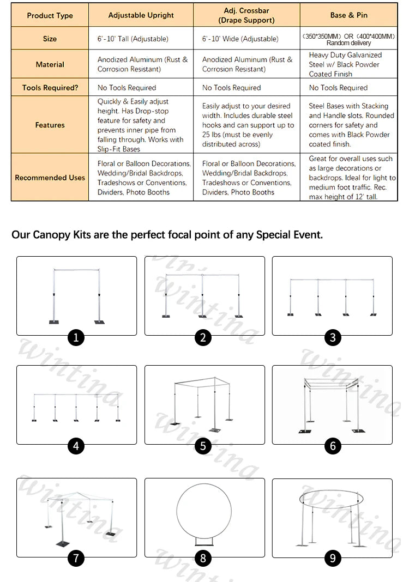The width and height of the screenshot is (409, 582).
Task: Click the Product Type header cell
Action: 50,15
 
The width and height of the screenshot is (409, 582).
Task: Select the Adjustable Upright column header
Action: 141,15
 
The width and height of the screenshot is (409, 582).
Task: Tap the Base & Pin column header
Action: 349,15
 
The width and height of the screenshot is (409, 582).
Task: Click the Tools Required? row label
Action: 50,88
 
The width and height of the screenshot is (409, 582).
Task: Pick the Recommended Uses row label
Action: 50,178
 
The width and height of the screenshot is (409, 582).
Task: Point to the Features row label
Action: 50,125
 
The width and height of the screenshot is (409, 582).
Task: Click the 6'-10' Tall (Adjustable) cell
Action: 133,39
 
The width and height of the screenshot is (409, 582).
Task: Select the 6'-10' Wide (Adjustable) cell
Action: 240,39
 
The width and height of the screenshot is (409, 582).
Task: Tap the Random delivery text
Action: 348,43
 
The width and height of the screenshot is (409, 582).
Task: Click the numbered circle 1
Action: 76,338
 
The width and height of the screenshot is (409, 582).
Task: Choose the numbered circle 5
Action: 203,446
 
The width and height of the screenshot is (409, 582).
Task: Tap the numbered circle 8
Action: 203,558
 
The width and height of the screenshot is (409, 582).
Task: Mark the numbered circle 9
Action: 332,558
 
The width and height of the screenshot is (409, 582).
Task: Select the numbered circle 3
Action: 333,338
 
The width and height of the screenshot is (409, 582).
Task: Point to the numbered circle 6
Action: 333,446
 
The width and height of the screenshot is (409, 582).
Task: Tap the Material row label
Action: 50,64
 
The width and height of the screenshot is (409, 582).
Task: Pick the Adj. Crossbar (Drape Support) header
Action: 246,15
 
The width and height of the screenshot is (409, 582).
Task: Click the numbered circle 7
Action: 76,558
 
